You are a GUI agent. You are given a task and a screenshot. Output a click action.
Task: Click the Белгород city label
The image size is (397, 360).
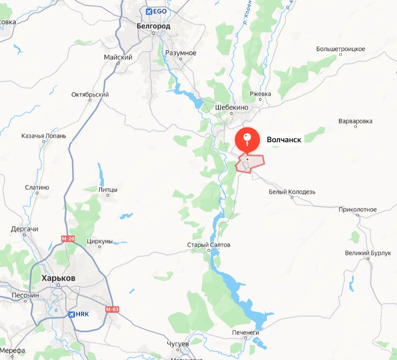[x=153, y=26]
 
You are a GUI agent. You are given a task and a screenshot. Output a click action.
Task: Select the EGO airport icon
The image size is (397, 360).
[x=149, y=11]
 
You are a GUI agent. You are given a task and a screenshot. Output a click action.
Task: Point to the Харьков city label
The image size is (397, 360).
[x=59, y=278]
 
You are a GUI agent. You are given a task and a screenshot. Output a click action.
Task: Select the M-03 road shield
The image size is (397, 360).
[x=112, y=309]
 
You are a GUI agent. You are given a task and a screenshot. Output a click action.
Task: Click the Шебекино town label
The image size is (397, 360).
[x=231, y=107]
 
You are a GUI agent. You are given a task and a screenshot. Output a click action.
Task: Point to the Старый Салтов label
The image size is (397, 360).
[x=208, y=245]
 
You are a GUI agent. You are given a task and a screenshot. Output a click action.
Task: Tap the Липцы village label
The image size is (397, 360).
[x=109, y=189]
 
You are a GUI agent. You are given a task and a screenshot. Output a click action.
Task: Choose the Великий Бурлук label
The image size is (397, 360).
[x=368, y=253]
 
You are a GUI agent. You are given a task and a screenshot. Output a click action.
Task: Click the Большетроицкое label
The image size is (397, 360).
[x=341, y=48]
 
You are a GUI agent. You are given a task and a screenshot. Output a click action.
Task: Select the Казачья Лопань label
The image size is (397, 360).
[x=44, y=136]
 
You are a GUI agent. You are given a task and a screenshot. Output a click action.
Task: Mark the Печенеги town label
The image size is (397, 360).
[x=245, y=333]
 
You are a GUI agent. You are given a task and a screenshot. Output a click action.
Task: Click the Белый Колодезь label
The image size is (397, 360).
[x=292, y=192]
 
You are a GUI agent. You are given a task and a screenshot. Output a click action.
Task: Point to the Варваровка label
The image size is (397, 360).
[x=356, y=120]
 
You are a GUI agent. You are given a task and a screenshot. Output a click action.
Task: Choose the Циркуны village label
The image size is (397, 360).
[x=100, y=241]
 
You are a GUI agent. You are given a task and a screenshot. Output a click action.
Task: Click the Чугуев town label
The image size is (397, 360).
[x=178, y=343]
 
